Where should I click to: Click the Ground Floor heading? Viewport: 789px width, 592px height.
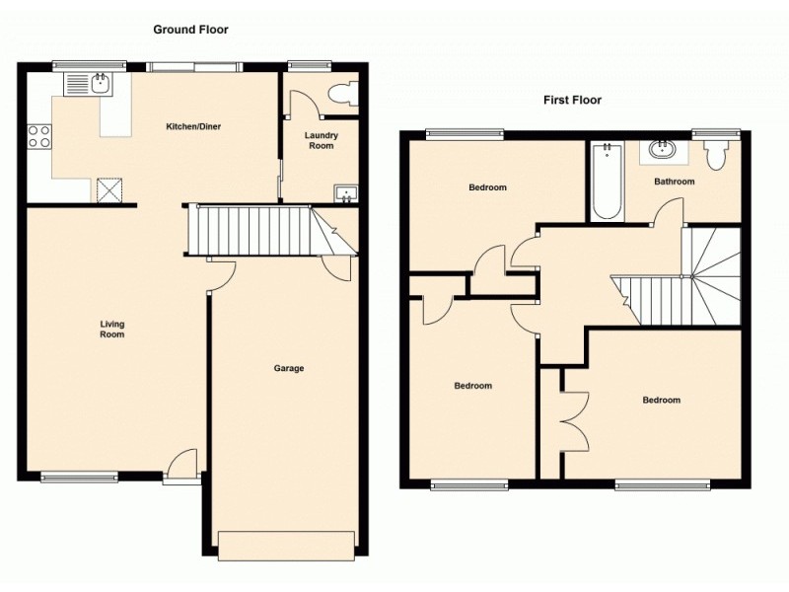pyautogui.click(x=190, y=30)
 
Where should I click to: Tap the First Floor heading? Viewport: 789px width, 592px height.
pyautogui.click(x=572, y=100)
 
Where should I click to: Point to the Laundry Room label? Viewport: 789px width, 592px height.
pyautogui.click(x=321, y=140)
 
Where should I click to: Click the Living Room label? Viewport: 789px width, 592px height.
pyautogui.click(x=111, y=329)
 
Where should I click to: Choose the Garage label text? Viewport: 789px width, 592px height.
pyautogui.click(x=289, y=368)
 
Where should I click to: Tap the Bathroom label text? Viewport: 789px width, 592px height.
pyautogui.click(x=675, y=182)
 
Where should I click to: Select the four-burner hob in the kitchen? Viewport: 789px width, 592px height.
pyautogui.click(x=39, y=136)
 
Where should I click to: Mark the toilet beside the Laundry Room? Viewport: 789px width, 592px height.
pyautogui.click(x=341, y=94)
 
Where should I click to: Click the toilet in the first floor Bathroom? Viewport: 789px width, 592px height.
pyautogui.click(x=716, y=153)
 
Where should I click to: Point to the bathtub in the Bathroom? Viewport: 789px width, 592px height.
pyautogui.click(x=607, y=181)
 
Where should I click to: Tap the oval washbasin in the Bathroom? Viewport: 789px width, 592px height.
pyautogui.click(x=660, y=151)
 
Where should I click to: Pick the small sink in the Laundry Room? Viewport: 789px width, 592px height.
pyautogui.click(x=345, y=193)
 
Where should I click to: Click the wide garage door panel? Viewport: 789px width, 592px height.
pyautogui.click(x=285, y=545)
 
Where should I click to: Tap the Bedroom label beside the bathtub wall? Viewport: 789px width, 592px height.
pyautogui.click(x=487, y=187)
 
